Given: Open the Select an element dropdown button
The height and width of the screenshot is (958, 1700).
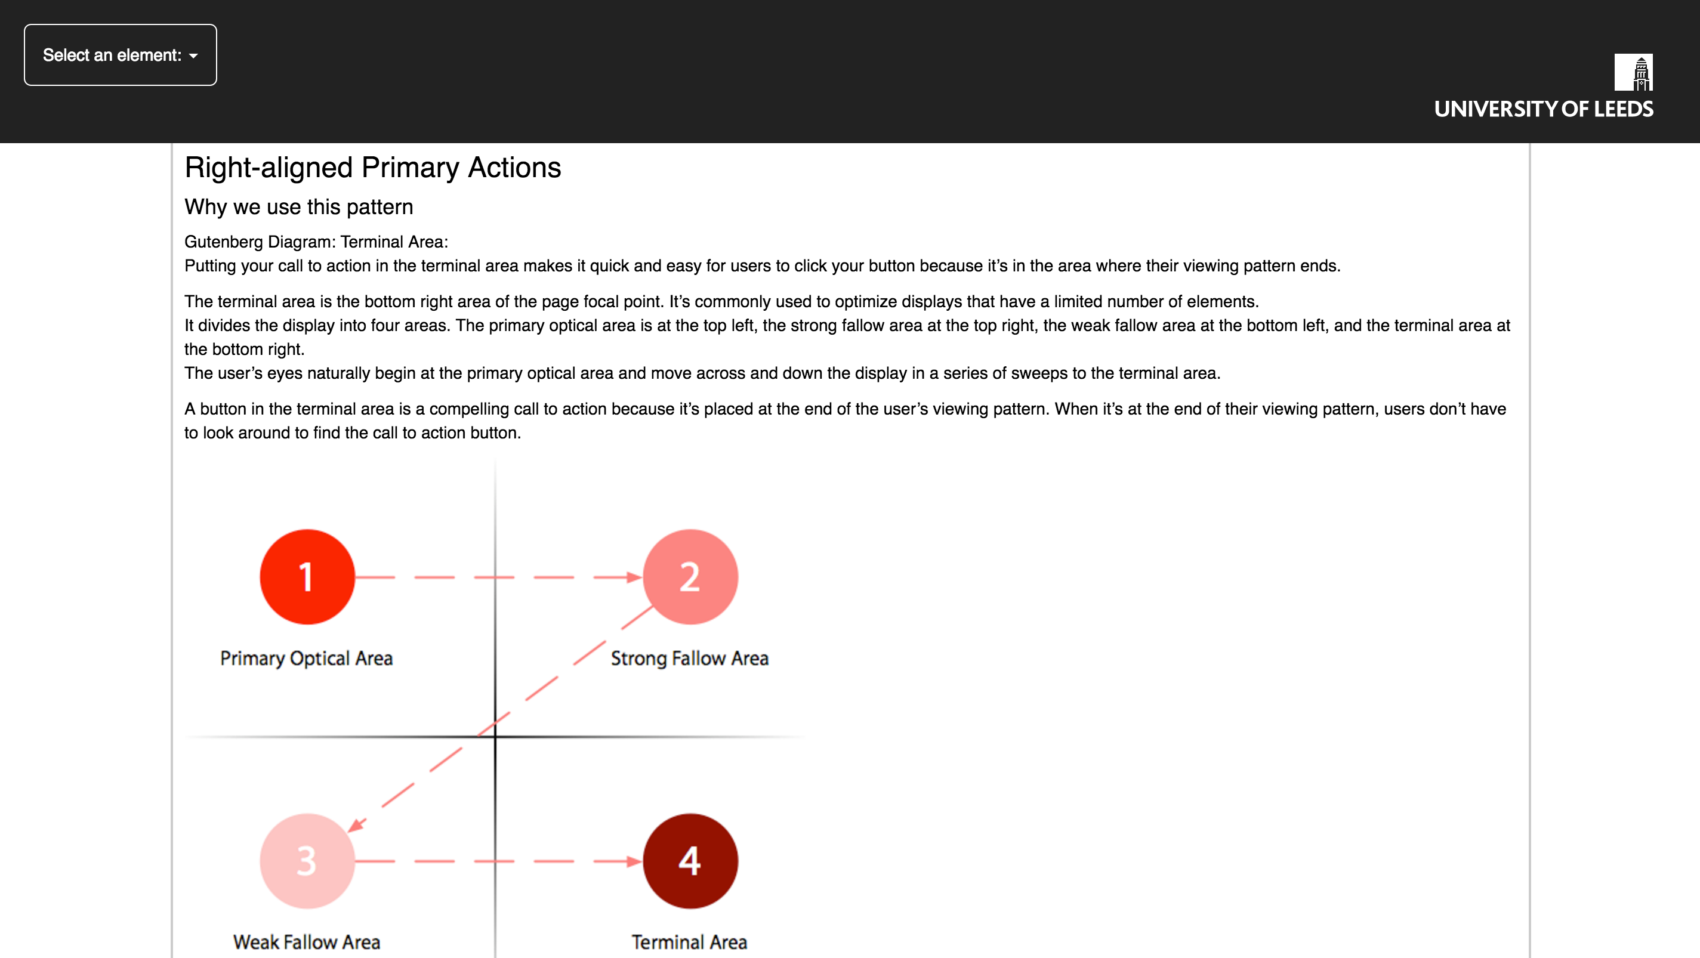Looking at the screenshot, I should coord(120,55).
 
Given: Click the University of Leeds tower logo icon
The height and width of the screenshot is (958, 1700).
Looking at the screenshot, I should coord(1633,72).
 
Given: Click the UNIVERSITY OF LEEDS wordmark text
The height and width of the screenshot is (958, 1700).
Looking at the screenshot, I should coord(1543,109).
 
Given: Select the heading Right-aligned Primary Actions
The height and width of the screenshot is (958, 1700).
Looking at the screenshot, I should coord(372,168).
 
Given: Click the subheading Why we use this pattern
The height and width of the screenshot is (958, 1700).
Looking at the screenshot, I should coord(298,207).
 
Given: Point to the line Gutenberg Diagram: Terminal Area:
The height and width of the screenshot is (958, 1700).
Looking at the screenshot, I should coord(316,242).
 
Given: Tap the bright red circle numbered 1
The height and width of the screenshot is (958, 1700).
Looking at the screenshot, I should coord(307,577).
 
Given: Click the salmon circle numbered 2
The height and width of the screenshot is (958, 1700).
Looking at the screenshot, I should coord(690,577).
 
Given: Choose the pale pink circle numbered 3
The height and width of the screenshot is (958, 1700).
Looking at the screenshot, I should coord(307,860).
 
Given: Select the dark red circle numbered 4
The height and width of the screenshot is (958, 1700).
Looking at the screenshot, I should coord(690,860).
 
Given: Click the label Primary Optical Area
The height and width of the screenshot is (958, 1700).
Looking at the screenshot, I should coord(306,659).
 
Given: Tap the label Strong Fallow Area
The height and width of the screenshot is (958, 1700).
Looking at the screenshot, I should coord(689,659).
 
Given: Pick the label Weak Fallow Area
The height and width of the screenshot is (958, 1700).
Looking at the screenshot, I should coord(306,941).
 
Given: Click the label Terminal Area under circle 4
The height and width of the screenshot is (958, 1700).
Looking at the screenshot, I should coord(689,941).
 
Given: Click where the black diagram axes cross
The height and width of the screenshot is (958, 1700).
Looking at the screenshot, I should coord(495,736).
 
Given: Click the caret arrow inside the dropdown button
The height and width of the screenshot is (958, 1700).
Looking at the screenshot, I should coord(193,56).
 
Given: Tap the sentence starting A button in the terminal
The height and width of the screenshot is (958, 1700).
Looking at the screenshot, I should coord(845,421).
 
